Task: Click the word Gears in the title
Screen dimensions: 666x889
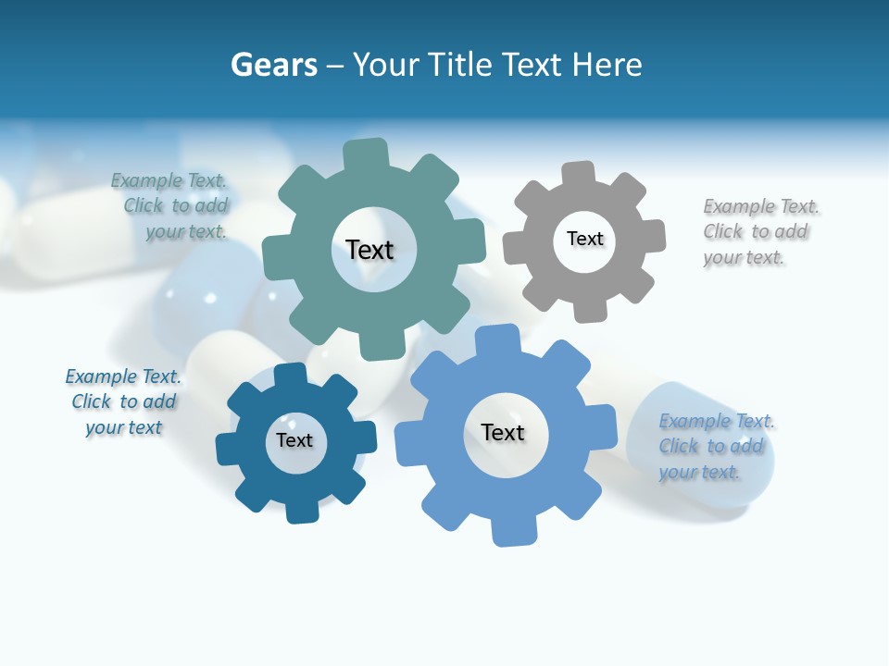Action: [x=274, y=65]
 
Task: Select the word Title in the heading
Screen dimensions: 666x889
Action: [x=455, y=65]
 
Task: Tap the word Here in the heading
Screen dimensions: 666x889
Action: [x=607, y=65]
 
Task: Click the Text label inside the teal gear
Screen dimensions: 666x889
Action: [x=369, y=250]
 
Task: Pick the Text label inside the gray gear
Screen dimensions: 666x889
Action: [x=584, y=239]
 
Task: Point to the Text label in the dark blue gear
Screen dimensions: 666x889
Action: [x=294, y=440]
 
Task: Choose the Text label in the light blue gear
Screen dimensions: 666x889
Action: [x=503, y=432]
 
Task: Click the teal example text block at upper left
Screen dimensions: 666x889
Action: [x=170, y=206]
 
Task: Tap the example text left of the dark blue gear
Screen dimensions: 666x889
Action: [x=123, y=402]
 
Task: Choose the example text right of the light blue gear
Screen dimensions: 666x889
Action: [x=716, y=447]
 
